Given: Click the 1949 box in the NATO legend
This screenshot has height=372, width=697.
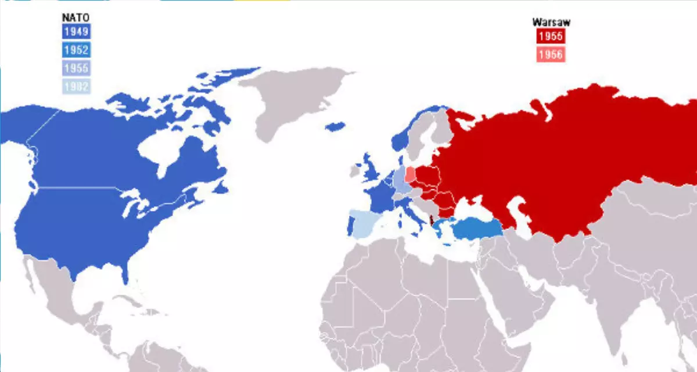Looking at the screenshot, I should click(x=76, y=31).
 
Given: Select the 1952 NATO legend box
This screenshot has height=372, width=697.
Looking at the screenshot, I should click(x=76, y=50).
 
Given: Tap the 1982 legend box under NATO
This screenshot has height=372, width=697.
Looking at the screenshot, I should click(x=76, y=87).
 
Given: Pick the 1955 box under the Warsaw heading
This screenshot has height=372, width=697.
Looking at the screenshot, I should click(x=549, y=36).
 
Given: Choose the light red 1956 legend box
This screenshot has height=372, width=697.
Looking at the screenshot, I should click(x=549, y=55).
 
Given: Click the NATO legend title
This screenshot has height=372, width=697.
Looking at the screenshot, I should click(x=76, y=17).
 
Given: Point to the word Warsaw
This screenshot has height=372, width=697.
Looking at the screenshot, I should click(x=551, y=23).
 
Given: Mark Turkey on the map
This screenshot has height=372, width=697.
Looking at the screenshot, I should click(x=476, y=229).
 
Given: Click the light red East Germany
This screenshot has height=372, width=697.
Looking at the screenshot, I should click(x=411, y=174).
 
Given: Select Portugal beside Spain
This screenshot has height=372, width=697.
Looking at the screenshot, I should click(x=350, y=226).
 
